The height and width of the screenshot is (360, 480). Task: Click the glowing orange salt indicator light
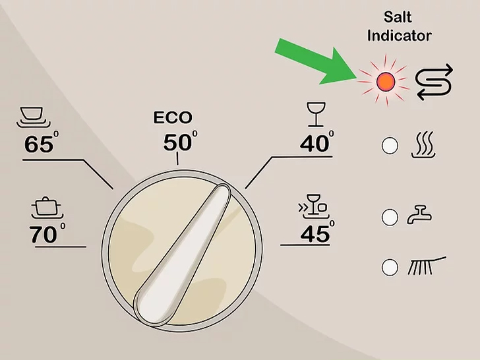386,82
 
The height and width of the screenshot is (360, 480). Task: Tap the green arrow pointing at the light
315,62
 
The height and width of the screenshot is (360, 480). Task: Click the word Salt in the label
398,17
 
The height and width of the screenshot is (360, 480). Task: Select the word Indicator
399,36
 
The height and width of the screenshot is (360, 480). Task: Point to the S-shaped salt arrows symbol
434,82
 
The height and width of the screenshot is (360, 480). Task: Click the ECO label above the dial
173,117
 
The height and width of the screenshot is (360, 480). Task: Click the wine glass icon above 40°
316,114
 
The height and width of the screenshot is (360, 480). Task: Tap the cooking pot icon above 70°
47,208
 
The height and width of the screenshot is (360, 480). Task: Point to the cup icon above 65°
33,117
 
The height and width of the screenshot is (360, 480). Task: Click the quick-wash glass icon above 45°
314,206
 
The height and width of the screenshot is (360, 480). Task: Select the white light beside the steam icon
390,146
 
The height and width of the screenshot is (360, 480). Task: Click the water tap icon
419,214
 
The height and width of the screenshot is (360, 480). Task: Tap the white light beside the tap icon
390,218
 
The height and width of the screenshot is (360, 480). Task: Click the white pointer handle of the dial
183,254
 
